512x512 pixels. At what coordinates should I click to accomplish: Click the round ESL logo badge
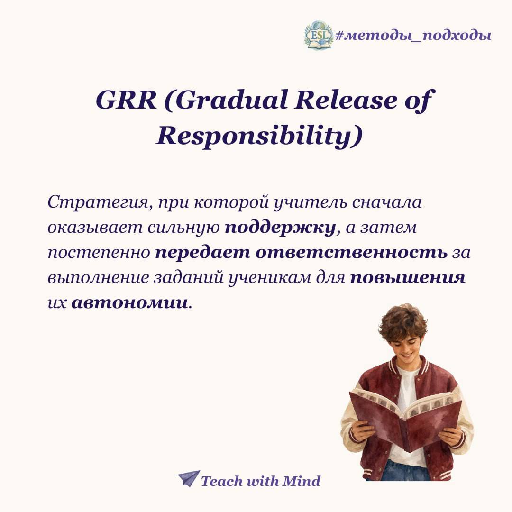[x=318, y=35]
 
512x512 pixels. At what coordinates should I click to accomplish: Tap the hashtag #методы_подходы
[x=413, y=35]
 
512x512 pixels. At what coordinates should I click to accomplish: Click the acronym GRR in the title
[x=126, y=100]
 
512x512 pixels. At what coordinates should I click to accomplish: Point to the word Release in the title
[x=346, y=100]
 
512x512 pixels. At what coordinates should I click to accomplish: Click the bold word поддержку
[x=280, y=228]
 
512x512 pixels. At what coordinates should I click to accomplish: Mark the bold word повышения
[x=408, y=278]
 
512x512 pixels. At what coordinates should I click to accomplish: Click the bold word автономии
[x=130, y=303]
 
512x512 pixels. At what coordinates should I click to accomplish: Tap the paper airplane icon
[x=189, y=479]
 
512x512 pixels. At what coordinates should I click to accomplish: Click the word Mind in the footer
[x=302, y=481]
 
